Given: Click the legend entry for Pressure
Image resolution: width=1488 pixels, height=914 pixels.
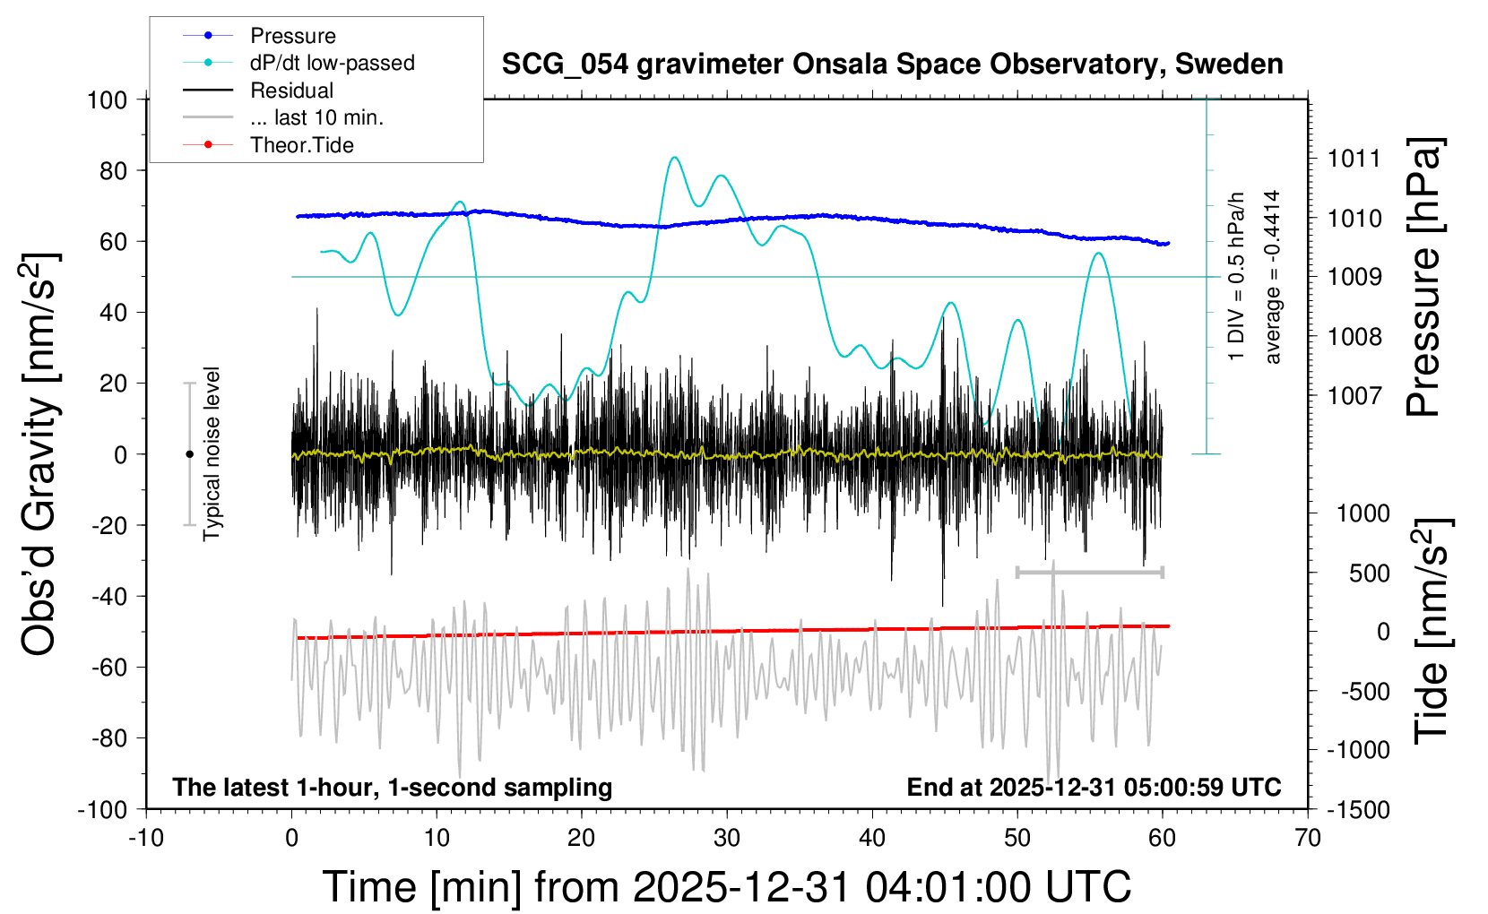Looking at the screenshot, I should coord(292,36).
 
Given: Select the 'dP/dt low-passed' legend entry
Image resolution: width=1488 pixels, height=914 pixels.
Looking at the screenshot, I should coord(332,63).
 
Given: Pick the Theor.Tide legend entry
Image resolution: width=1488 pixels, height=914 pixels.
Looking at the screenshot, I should coord(301,145).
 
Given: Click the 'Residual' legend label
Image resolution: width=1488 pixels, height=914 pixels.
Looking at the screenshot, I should coord(291,91).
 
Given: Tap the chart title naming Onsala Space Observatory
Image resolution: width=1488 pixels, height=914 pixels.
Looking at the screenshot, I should coord(892,65).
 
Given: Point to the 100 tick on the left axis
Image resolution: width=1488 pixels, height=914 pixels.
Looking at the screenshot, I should coord(107,99).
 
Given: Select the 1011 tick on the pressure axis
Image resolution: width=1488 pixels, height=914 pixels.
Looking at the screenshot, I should coord(1354,160).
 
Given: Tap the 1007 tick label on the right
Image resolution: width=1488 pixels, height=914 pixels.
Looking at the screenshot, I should coord(1354,395).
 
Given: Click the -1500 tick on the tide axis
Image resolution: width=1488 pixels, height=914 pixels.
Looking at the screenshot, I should coord(1358,809).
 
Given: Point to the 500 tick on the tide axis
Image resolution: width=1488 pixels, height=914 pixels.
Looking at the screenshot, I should coord(1369,573).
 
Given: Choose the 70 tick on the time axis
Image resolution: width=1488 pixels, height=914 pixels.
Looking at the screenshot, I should coord(1308,839).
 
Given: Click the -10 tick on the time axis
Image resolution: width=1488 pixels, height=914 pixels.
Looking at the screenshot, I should coord(146,839).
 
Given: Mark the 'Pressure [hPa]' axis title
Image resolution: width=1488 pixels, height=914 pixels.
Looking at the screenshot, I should coord(1424,278).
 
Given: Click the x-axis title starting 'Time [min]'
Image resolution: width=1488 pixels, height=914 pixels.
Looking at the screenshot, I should coord(726,887).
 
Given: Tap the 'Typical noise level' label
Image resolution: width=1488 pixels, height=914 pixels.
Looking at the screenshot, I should coord(212,453).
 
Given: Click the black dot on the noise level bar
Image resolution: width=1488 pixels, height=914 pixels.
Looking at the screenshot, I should coord(189,454).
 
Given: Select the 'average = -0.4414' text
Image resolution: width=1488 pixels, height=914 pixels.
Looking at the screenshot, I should coord(1272,277).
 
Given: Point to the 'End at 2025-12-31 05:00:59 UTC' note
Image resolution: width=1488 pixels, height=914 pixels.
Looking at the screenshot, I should coord(1094,788).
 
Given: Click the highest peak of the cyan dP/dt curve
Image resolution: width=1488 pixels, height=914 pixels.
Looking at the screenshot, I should coord(674,158).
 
